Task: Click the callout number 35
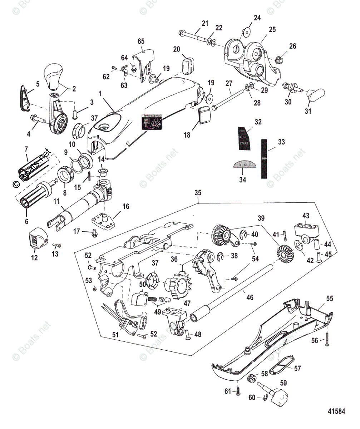point(198,192)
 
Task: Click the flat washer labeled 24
point(245,33)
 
